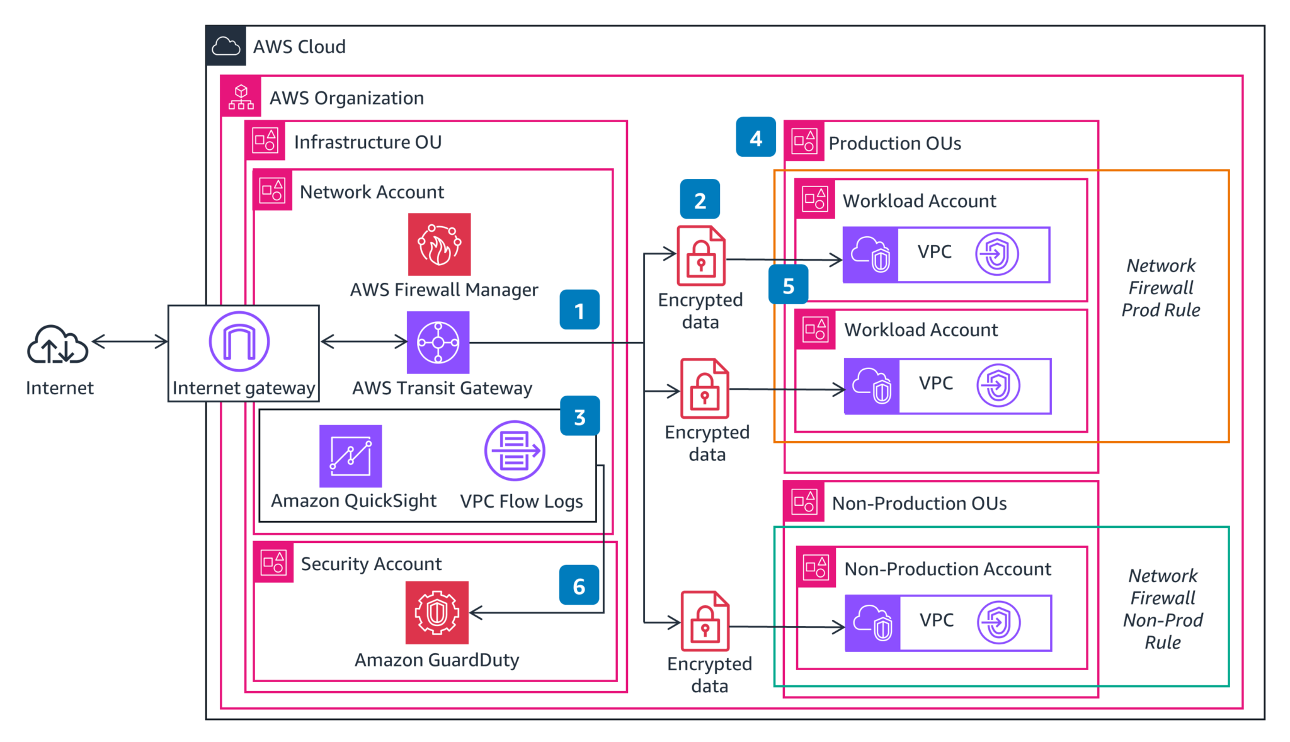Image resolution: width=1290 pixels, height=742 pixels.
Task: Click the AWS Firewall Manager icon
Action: tap(439, 244)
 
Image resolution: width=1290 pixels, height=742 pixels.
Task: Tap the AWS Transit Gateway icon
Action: tap(438, 343)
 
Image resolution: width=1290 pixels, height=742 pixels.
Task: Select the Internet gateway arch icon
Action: tap(239, 342)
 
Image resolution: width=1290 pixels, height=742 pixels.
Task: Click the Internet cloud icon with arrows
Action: tap(57, 345)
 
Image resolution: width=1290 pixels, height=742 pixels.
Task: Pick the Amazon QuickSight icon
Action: tap(350, 456)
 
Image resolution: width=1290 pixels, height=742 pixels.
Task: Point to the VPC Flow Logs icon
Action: tap(515, 451)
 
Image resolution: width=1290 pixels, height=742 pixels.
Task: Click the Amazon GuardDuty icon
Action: tap(437, 612)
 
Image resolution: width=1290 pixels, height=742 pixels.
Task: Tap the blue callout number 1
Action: tap(579, 310)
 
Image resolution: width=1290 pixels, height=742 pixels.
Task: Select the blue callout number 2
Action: tap(700, 200)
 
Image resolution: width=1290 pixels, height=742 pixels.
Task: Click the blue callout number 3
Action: tap(579, 416)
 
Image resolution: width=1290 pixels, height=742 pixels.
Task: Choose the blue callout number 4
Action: tap(756, 137)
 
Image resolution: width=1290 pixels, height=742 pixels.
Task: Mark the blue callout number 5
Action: tap(788, 285)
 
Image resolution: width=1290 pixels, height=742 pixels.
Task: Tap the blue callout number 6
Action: tap(579, 586)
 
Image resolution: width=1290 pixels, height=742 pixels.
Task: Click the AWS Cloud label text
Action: tap(299, 47)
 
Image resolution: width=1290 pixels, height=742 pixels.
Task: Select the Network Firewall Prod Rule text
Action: tap(1160, 288)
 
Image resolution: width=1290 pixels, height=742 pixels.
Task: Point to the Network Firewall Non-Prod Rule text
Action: tap(1163, 608)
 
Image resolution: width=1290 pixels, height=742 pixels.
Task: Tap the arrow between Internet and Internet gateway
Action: tap(130, 342)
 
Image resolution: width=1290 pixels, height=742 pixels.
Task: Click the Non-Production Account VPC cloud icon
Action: tap(872, 623)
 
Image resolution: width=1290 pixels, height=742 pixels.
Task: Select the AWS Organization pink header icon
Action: tap(241, 97)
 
